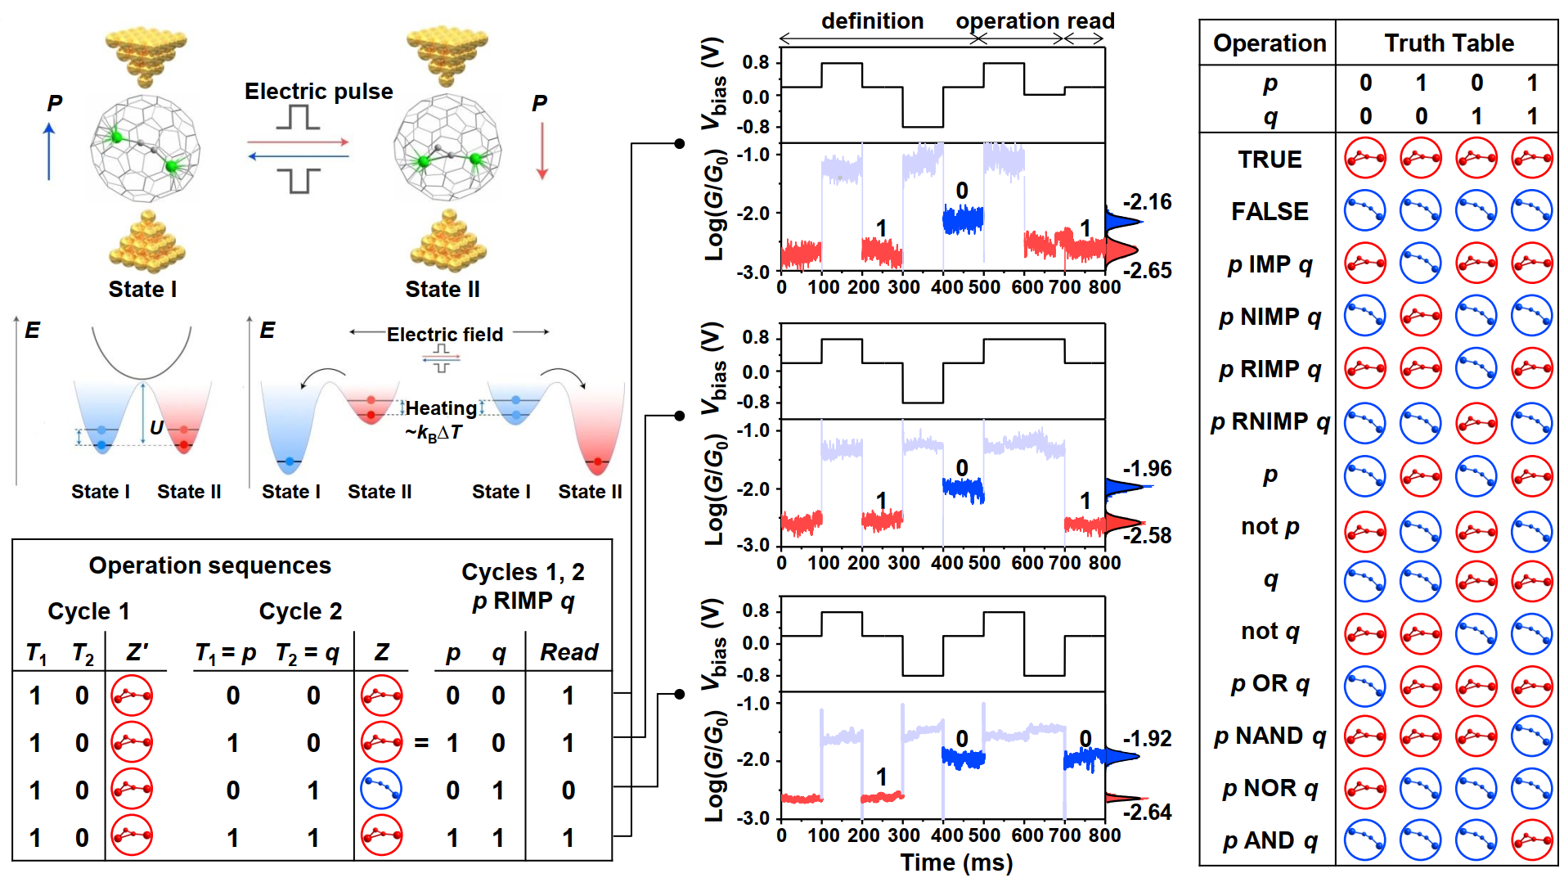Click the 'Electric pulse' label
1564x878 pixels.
pos(318,91)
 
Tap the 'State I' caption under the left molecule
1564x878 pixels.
pos(142,289)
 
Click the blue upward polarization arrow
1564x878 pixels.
pos(49,151)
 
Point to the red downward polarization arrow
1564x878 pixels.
pos(542,151)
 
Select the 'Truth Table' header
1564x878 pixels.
pos(1448,43)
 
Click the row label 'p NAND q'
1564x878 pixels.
pos(1270,736)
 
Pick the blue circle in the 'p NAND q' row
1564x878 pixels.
pos(1532,736)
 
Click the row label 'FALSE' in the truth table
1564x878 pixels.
pos(1270,211)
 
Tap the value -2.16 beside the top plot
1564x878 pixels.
pos(1147,201)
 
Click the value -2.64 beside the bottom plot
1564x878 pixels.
pos(1147,812)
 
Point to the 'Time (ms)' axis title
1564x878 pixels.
pos(956,862)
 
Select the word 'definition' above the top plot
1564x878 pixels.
pos(872,20)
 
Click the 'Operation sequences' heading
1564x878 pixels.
pos(210,565)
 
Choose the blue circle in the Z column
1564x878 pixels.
pos(381,789)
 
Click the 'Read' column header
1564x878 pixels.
pos(569,652)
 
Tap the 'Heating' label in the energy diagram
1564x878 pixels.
pos(441,407)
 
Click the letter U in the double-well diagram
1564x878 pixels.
pos(156,427)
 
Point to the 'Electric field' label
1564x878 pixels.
pos(445,334)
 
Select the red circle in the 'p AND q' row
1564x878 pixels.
pos(1532,840)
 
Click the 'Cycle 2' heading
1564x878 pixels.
pos(300,611)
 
